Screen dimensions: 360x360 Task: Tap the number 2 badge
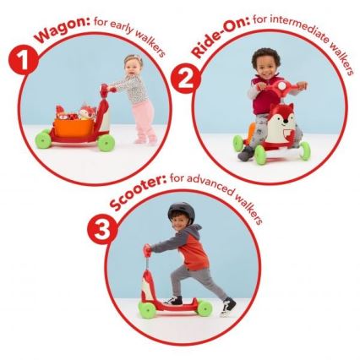click(182, 80)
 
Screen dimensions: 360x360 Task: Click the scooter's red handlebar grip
click(148, 250)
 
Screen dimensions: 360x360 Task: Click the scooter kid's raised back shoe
click(227, 305)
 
